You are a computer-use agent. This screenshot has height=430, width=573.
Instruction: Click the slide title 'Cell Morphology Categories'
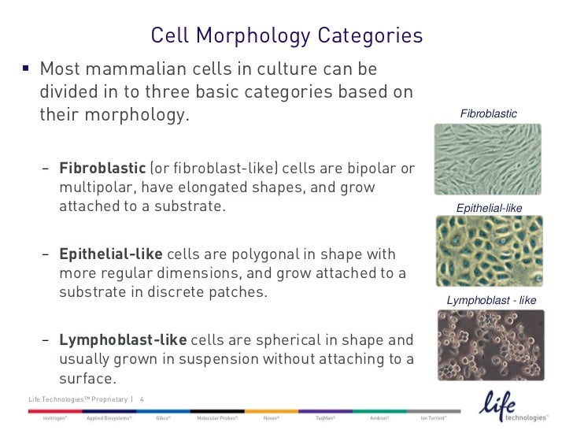pyautogui.click(x=286, y=36)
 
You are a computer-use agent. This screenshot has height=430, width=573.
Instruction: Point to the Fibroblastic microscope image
pyautogui.click(x=488, y=161)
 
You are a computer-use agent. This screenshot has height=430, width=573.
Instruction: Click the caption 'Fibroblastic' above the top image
pyautogui.click(x=488, y=114)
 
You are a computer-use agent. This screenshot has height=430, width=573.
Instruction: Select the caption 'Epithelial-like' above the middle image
pyautogui.click(x=489, y=208)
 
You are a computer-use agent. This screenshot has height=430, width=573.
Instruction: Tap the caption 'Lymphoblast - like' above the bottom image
pyautogui.click(x=491, y=300)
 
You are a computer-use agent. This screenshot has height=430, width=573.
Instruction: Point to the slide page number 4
pyautogui.click(x=142, y=399)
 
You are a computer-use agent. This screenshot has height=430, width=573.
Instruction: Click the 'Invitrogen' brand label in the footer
pyautogui.click(x=54, y=417)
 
